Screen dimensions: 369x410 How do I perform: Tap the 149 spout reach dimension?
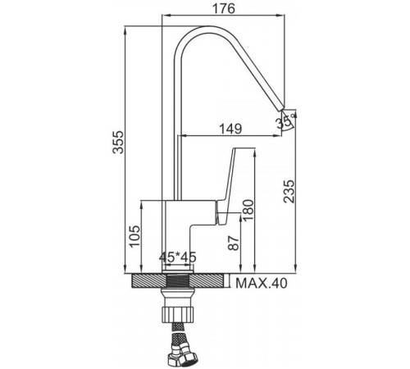point(230,127)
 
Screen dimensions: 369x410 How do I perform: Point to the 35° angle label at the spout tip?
point(286,122)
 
